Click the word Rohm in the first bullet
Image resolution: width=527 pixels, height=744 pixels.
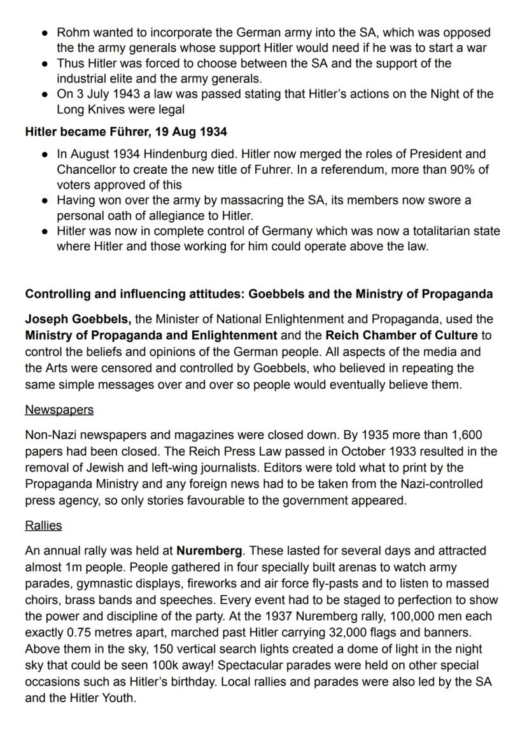pyautogui.click(x=72, y=32)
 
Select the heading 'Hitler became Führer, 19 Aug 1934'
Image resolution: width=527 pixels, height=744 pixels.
pyautogui.click(x=127, y=132)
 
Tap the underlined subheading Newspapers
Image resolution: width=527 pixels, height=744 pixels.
pyautogui.click(x=59, y=410)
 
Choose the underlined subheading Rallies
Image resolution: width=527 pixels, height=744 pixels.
pyautogui.click(x=43, y=526)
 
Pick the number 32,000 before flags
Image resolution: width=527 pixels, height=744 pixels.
pyautogui.click(x=343, y=633)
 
